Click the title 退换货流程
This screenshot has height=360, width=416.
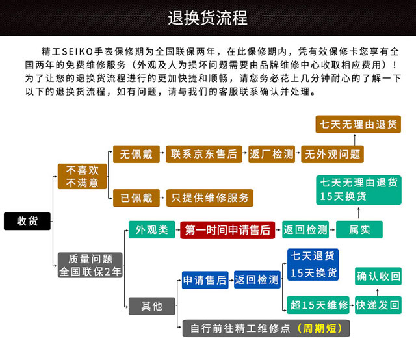208,18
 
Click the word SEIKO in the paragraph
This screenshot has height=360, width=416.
77,51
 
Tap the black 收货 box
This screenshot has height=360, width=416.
27,221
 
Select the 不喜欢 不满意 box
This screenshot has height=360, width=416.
83,176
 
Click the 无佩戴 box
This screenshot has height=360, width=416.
136,154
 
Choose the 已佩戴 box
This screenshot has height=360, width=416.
136,198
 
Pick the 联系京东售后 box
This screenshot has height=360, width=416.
204,154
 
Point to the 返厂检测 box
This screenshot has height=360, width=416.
272,154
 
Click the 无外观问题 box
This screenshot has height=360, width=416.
332,154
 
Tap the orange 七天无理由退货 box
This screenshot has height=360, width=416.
358,124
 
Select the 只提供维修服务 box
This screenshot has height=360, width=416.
210,198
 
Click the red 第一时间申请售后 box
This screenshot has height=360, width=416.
227,230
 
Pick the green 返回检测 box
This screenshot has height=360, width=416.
305,230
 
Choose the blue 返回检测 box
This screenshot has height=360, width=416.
257,279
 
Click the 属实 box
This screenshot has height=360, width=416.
359,230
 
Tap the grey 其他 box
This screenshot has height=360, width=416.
151,306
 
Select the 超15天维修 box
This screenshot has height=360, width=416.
318,305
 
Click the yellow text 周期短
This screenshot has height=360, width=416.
320,328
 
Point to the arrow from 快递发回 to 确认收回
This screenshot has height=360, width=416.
378,292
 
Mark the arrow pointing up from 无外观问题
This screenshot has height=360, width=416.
355,140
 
